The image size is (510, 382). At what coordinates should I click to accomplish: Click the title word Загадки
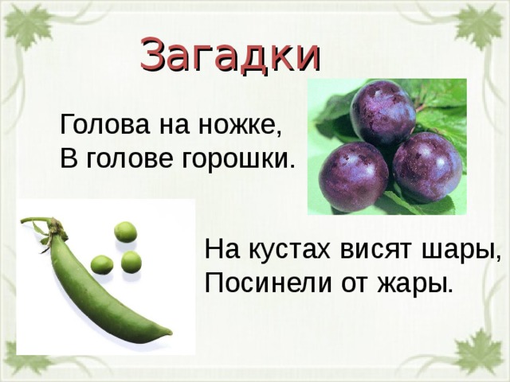click(x=230, y=53)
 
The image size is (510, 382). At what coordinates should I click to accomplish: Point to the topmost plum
click(x=383, y=113)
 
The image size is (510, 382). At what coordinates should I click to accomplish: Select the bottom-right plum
click(x=426, y=167)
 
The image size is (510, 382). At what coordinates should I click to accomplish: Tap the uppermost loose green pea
click(x=125, y=232)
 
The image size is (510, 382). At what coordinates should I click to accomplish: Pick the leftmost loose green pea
click(x=101, y=264)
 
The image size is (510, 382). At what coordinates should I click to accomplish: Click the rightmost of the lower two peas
click(x=131, y=262)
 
